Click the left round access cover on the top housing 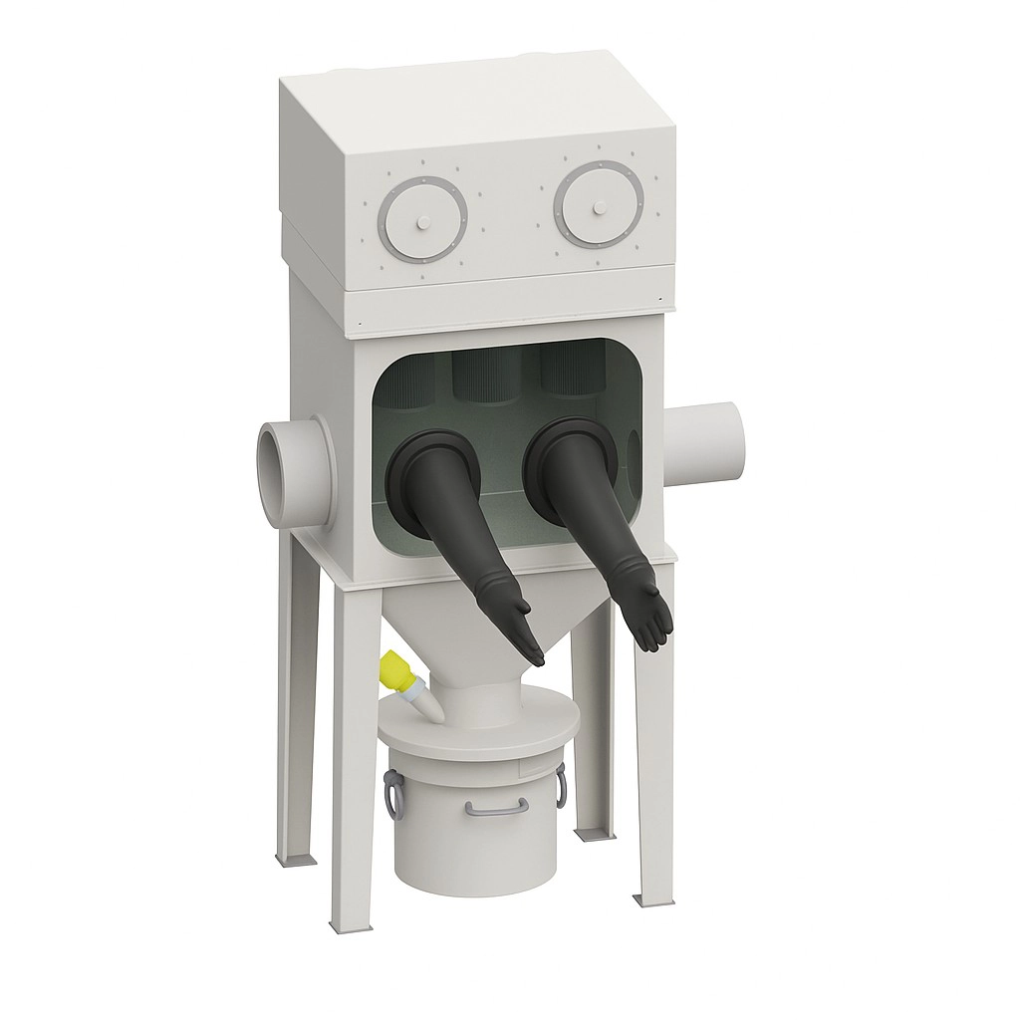click(x=423, y=219)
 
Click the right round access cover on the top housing click(x=599, y=204)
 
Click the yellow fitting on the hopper click(x=398, y=670)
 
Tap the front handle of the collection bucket click(x=495, y=807)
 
